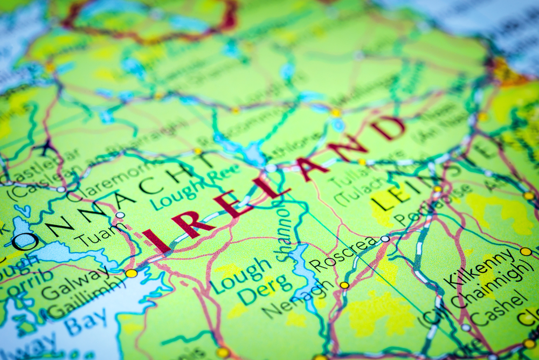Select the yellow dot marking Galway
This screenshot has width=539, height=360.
point(131,273)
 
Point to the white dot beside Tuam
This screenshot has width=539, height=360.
point(120,215)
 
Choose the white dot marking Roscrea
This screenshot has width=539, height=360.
point(385,239)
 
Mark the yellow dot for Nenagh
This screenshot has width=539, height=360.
point(344,285)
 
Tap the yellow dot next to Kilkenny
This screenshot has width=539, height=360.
point(526,252)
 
